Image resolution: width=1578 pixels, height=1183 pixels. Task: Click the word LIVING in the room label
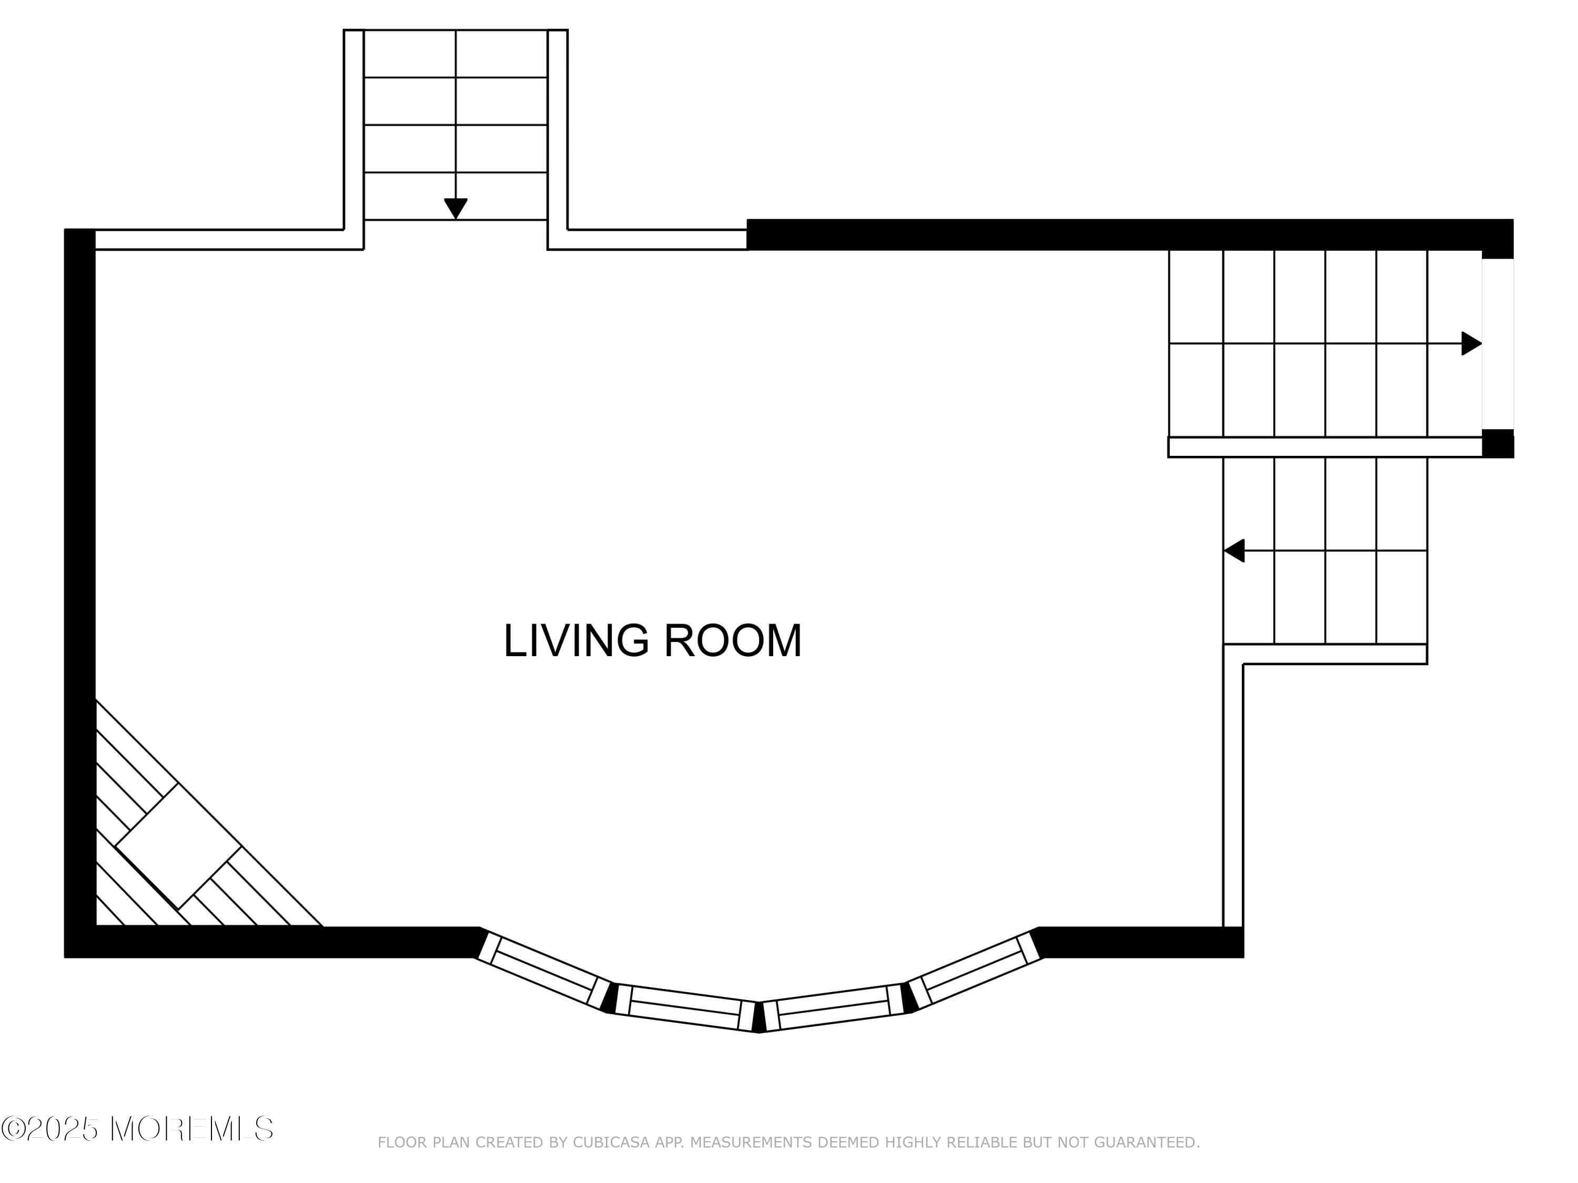pos(575,641)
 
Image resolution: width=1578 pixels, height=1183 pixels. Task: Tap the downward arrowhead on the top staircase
pos(455,208)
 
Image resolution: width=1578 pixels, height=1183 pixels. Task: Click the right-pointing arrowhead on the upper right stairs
pos(1471,344)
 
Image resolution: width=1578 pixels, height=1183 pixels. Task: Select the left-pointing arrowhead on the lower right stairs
pos(1234,550)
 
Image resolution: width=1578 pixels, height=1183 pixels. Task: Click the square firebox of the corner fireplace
pos(178,847)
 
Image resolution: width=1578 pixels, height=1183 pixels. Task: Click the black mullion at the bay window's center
pos(759,1017)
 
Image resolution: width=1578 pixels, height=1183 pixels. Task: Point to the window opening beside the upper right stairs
pos(1498,344)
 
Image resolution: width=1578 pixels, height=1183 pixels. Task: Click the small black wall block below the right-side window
pos(1498,444)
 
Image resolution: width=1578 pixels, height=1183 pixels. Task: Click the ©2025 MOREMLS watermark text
pos(137,1129)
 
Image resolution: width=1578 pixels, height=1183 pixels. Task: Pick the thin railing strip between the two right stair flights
pos(1325,447)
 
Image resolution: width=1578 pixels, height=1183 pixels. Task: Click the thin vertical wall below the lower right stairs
pos(1233,791)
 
